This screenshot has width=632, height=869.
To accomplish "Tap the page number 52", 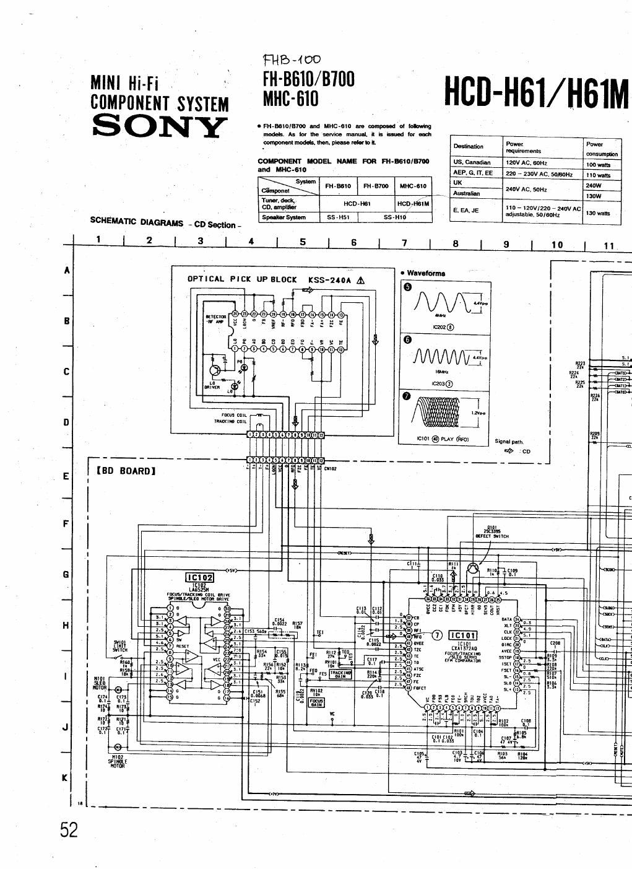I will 69,829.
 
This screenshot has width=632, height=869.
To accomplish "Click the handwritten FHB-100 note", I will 292,60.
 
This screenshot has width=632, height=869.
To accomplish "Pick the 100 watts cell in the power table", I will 598,165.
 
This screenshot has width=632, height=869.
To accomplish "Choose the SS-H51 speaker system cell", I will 338,217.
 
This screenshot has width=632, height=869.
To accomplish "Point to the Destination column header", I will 469,146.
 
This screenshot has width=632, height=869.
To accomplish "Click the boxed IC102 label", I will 199,578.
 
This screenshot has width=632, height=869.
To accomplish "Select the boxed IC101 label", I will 463,635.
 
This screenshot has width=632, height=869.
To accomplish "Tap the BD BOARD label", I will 126,471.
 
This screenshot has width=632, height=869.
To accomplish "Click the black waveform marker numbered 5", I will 407,286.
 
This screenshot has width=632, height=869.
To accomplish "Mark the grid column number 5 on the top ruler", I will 303,242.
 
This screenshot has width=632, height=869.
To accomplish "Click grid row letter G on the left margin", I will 66,574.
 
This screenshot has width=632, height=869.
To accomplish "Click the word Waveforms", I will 426,273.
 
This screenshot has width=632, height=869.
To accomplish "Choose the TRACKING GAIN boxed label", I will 340,675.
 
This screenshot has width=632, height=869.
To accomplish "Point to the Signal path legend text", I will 509,442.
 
